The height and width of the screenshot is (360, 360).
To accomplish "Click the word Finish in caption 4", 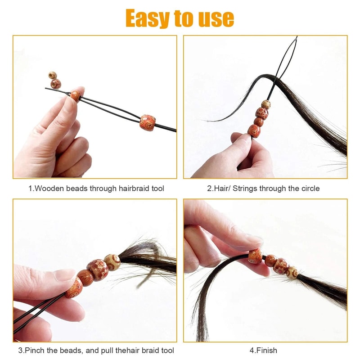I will [268, 350].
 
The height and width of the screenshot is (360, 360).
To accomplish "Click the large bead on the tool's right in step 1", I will [147, 122].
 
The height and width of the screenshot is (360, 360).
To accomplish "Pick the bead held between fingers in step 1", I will [75, 96].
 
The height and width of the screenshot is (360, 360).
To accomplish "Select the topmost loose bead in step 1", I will [53, 75].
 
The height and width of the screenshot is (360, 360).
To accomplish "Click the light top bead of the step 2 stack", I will [266, 104].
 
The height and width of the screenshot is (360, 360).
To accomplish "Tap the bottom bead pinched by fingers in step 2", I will [254, 130].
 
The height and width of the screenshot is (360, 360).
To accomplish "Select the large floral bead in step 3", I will [98, 270].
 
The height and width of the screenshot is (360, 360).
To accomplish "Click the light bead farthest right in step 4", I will [293, 272].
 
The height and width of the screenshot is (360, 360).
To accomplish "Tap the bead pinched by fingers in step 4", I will [255, 256].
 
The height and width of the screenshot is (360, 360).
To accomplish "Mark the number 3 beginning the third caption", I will [20, 350].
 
